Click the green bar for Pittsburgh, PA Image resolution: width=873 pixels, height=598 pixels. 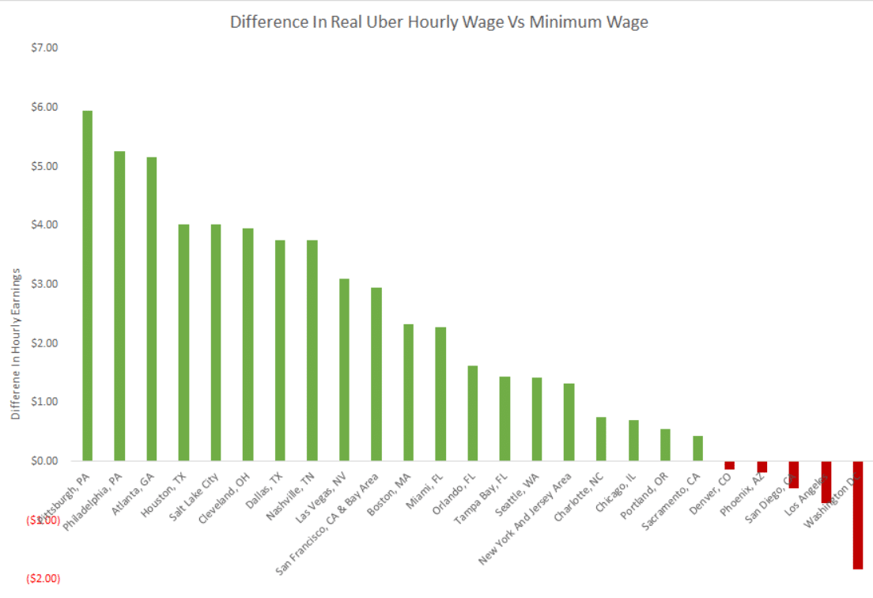coord(88,286)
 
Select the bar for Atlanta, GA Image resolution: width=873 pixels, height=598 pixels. coord(152,308)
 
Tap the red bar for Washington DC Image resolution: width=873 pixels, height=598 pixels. coord(857,515)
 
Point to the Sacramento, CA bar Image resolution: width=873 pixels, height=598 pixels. coord(697,448)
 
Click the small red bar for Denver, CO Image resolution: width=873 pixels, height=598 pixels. coord(729,465)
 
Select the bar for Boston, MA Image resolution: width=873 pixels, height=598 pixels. coord(408,392)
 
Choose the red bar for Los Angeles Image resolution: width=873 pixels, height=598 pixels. coord(826,482)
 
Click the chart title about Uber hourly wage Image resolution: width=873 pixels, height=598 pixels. coord(439,22)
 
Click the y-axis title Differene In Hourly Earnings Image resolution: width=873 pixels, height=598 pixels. coord(16,343)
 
